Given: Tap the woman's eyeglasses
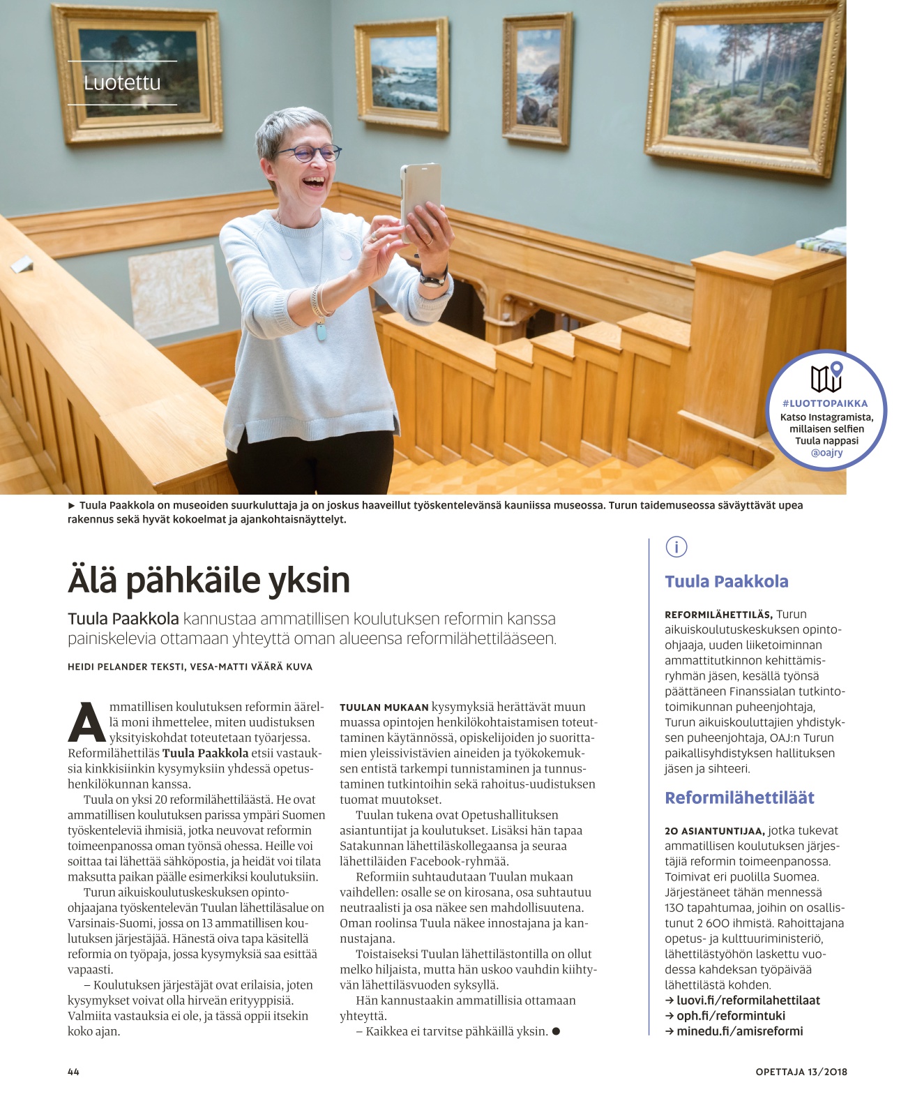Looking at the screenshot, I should click(310, 154).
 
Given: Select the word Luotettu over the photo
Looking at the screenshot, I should click(122, 83).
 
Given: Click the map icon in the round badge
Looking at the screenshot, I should click(826, 377).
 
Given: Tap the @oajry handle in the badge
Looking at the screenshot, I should click(826, 453).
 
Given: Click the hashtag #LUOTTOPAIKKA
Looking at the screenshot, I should click(825, 403).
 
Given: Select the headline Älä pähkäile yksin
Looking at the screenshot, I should click(209, 581).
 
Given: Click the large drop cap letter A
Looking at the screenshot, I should click(86, 723).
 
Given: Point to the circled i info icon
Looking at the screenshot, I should click(676, 547).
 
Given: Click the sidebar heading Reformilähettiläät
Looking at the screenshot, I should click(739, 798).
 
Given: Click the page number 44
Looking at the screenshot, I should click(73, 1072).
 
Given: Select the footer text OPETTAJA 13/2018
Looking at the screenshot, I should click(801, 1072).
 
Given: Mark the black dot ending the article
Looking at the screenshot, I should click(556, 1031).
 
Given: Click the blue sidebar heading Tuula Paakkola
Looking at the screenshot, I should click(726, 582).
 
